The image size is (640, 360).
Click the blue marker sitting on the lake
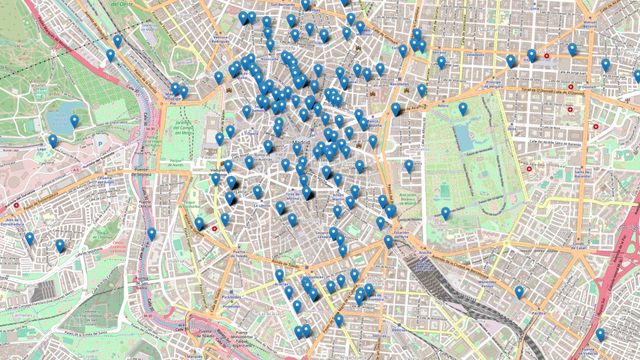74,121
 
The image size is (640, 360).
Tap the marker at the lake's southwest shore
53,142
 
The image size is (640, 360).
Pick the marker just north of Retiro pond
462,109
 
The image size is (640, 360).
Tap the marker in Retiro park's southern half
446,213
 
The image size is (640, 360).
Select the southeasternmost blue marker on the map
600,335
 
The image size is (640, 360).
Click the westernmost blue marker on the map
30,239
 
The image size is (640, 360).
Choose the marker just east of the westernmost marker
60,245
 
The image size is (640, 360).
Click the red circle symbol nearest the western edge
16,206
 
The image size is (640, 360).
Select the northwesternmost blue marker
117,42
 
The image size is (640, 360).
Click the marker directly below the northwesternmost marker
111,56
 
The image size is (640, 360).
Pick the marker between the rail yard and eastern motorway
519,292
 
